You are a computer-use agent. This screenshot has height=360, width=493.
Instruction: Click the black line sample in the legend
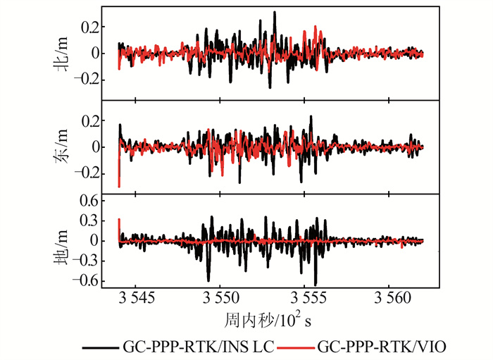100,347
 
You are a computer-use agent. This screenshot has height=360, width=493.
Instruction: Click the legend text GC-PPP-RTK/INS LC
198,347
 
